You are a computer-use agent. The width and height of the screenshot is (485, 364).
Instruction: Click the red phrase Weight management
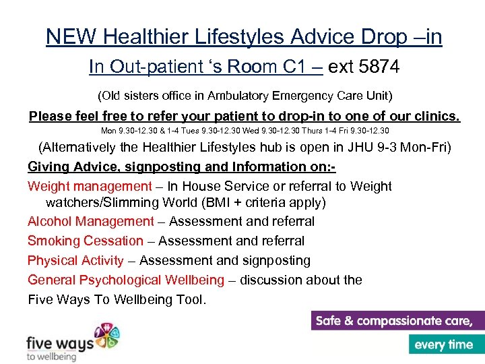[90, 186]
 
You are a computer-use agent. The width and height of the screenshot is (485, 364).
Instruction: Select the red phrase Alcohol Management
[91, 221]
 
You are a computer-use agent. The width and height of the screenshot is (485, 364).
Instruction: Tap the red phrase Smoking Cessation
[86, 241]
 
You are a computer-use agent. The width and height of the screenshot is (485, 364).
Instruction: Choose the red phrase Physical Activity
[75, 260]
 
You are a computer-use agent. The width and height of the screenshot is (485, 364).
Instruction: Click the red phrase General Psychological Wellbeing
[125, 280]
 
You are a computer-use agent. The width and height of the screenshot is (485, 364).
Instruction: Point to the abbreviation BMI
[232, 202]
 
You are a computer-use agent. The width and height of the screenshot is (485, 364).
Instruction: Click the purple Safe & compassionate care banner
[397, 320]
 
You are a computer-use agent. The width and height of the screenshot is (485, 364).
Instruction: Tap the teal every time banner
[445, 344]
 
